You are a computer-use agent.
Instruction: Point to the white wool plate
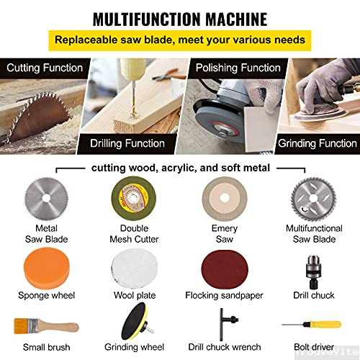tap(135, 269)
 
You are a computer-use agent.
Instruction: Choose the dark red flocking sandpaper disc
tap(223, 269)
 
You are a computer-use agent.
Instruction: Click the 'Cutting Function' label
tap(45, 68)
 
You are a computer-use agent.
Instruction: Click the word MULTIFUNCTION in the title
tap(141, 18)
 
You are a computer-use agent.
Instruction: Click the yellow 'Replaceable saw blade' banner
tap(180, 40)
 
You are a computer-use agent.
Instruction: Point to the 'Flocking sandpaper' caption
tap(222, 295)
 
